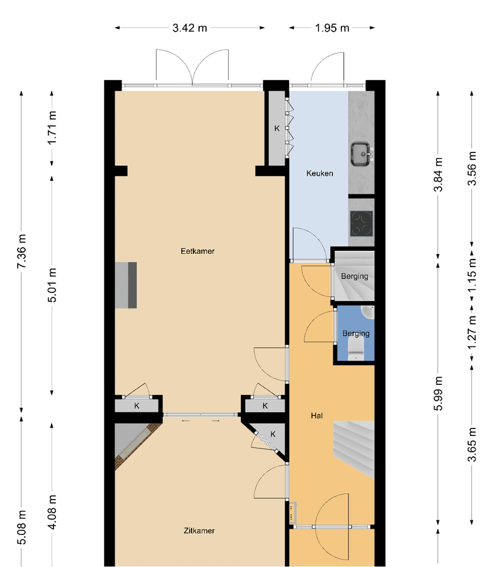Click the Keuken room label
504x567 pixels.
click(x=319, y=174)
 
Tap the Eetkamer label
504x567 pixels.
click(x=197, y=251)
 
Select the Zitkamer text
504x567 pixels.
click(x=199, y=531)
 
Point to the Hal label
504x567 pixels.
click(x=317, y=416)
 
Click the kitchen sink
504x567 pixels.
click(x=362, y=154)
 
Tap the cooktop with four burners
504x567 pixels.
click(x=362, y=223)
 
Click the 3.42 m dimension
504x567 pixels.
click(x=190, y=28)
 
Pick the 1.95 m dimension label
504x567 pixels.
click(x=332, y=28)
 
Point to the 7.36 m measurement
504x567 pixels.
click(x=21, y=251)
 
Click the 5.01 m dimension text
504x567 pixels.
click(x=52, y=285)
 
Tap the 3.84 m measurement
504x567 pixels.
click(x=438, y=175)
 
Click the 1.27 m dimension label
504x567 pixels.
click(x=472, y=332)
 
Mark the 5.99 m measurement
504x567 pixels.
click(x=438, y=393)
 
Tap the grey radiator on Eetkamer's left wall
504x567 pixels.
click(x=126, y=285)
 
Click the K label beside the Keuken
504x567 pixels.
click(x=277, y=129)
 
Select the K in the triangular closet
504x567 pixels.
click(x=273, y=434)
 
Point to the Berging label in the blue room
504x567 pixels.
click(x=356, y=333)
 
